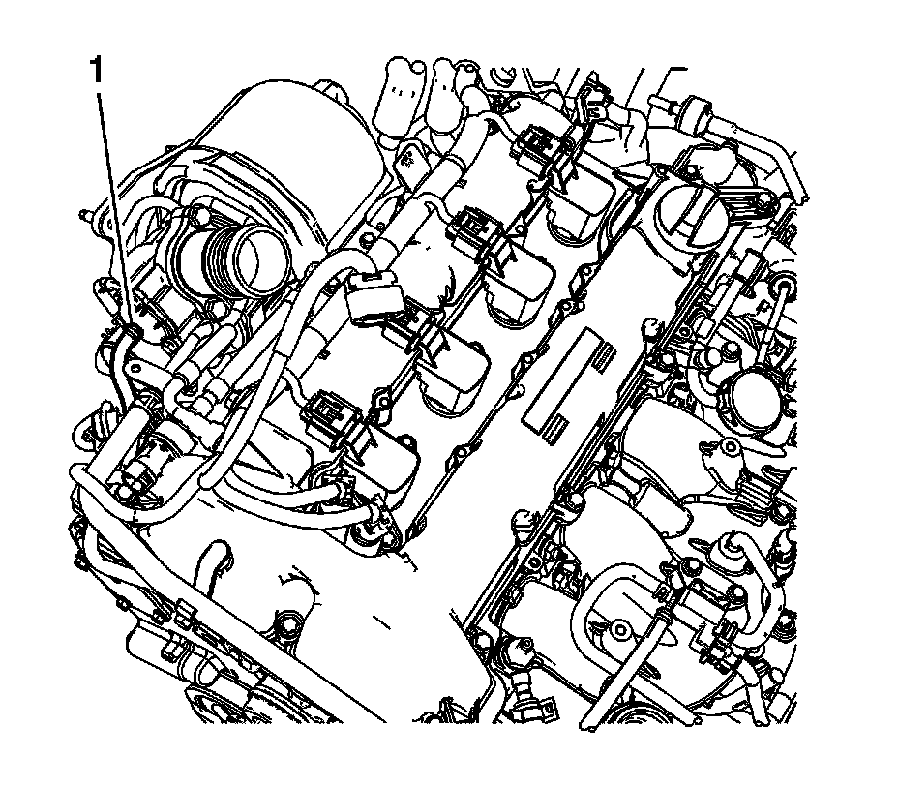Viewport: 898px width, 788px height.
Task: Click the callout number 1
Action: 96,71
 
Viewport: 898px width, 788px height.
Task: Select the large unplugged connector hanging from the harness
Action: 373,298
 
